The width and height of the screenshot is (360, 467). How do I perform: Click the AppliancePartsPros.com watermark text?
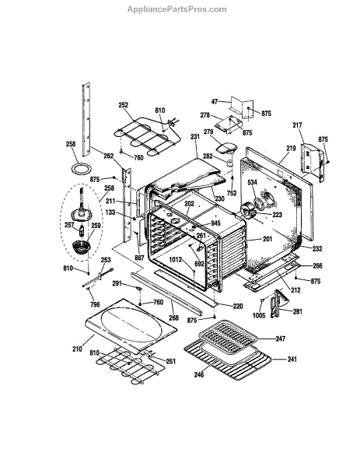click(x=177, y=9)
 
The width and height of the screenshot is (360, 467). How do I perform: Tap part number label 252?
click(x=123, y=105)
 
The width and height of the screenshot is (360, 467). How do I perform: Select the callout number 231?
click(x=195, y=137)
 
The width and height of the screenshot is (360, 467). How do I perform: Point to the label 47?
click(x=215, y=101)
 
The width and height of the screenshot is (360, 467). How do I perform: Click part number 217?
click(x=297, y=125)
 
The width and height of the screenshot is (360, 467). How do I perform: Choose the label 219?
click(x=292, y=148)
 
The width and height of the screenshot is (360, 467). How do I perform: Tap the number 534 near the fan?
click(x=252, y=182)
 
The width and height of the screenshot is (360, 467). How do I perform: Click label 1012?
click(x=175, y=260)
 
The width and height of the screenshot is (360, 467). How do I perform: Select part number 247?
click(x=280, y=339)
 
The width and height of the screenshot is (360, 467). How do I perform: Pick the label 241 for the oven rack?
click(x=292, y=360)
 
